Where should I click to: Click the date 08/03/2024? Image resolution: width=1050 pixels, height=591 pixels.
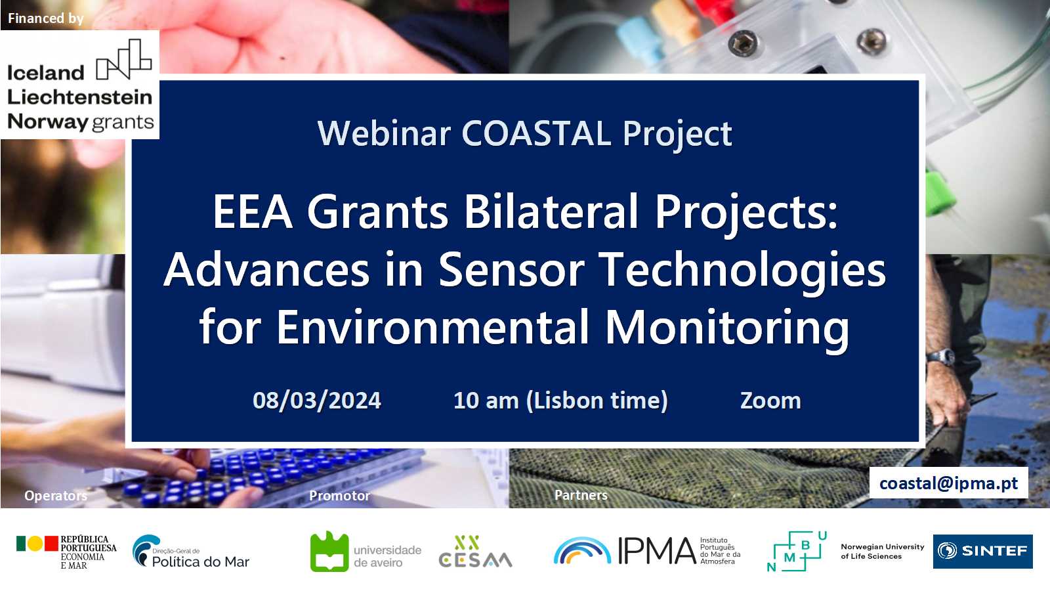[317, 401]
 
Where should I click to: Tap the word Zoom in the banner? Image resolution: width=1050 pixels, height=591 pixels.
[770, 401]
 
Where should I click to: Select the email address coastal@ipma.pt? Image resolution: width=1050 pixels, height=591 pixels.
[948, 483]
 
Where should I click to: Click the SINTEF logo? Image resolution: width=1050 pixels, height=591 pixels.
[982, 551]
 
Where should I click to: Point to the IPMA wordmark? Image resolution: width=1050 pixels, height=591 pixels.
[657, 551]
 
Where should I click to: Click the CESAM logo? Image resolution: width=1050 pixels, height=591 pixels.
[475, 552]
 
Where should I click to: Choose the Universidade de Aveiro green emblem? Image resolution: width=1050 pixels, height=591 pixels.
[329, 552]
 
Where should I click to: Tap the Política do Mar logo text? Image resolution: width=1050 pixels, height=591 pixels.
[201, 561]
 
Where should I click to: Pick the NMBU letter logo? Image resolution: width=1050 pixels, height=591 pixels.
[797, 552]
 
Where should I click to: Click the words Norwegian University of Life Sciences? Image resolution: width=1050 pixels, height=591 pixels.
[882, 552]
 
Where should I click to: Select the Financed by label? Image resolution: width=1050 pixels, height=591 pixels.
[45, 18]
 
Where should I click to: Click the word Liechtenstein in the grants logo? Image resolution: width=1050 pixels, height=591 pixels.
[79, 97]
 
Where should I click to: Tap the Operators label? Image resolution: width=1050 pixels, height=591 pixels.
[55, 495]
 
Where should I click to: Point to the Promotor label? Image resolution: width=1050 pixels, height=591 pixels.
[339, 495]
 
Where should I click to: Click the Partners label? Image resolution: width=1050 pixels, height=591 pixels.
[581, 495]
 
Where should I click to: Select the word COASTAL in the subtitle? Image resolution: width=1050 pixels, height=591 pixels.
[536, 134]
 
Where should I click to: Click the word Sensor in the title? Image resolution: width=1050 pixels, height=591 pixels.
[511, 270]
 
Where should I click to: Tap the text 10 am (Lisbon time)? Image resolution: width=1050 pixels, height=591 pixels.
[560, 401]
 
